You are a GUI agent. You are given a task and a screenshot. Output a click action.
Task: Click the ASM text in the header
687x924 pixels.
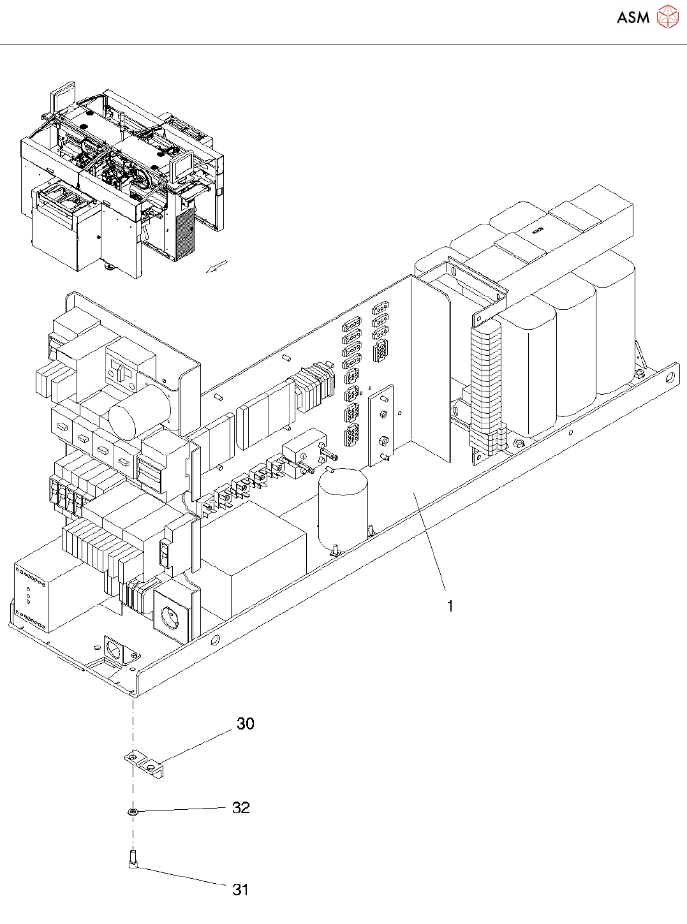[633, 17]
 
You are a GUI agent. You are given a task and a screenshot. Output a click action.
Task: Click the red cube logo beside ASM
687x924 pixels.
[667, 17]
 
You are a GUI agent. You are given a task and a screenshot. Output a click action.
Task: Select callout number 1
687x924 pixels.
[450, 606]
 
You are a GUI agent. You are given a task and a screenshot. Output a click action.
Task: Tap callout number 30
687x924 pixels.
[245, 724]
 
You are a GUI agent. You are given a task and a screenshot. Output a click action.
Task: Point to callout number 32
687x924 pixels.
[240, 808]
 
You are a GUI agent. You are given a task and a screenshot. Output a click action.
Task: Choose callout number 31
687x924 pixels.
[240, 890]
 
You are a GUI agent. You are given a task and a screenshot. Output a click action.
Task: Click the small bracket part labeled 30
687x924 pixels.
[143, 763]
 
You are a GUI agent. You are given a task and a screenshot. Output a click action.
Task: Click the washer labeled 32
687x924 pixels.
[133, 812]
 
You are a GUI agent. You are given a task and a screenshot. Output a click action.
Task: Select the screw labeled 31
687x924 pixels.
[133, 858]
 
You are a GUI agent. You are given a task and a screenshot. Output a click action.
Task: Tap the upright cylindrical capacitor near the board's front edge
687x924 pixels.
[343, 506]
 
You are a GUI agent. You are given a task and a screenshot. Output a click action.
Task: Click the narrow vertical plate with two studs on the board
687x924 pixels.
[381, 425]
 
